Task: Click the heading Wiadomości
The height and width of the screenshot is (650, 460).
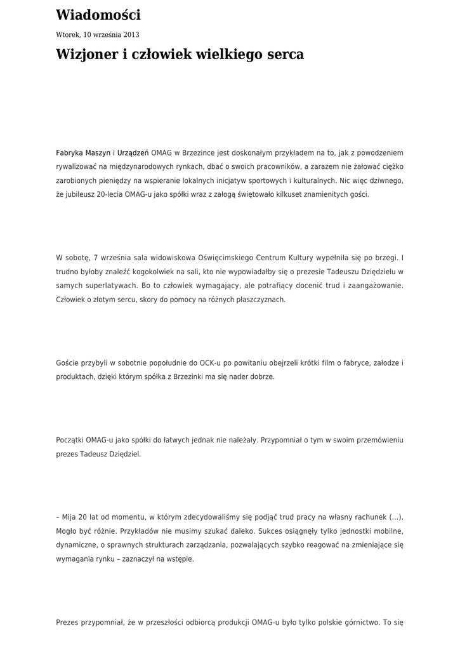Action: (x=98, y=15)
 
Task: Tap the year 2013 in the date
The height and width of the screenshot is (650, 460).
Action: (x=130, y=35)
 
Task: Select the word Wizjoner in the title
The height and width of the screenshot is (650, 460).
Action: (x=86, y=55)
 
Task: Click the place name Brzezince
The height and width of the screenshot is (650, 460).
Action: (x=199, y=153)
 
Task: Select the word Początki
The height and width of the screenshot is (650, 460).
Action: (x=71, y=439)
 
